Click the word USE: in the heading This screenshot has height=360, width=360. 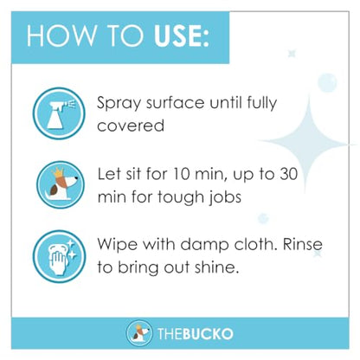pyautogui.click(x=182, y=36)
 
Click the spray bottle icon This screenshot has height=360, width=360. pyautogui.click(x=59, y=113)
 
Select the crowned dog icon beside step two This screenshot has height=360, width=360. pyautogui.click(x=61, y=184)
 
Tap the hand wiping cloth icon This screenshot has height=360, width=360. pyautogui.click(x=59, y=256)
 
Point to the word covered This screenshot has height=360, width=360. pyautogui.click(x=131, y=125)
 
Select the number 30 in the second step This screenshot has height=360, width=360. pyautogui.click(x=288, y=174)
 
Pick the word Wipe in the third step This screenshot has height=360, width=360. pyautogui.click(x=118, y=245)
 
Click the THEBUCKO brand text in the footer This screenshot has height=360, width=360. pyautogui.click(x=196, y=334)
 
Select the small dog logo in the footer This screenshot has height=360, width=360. pyautogui.click(x=138, y=333)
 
